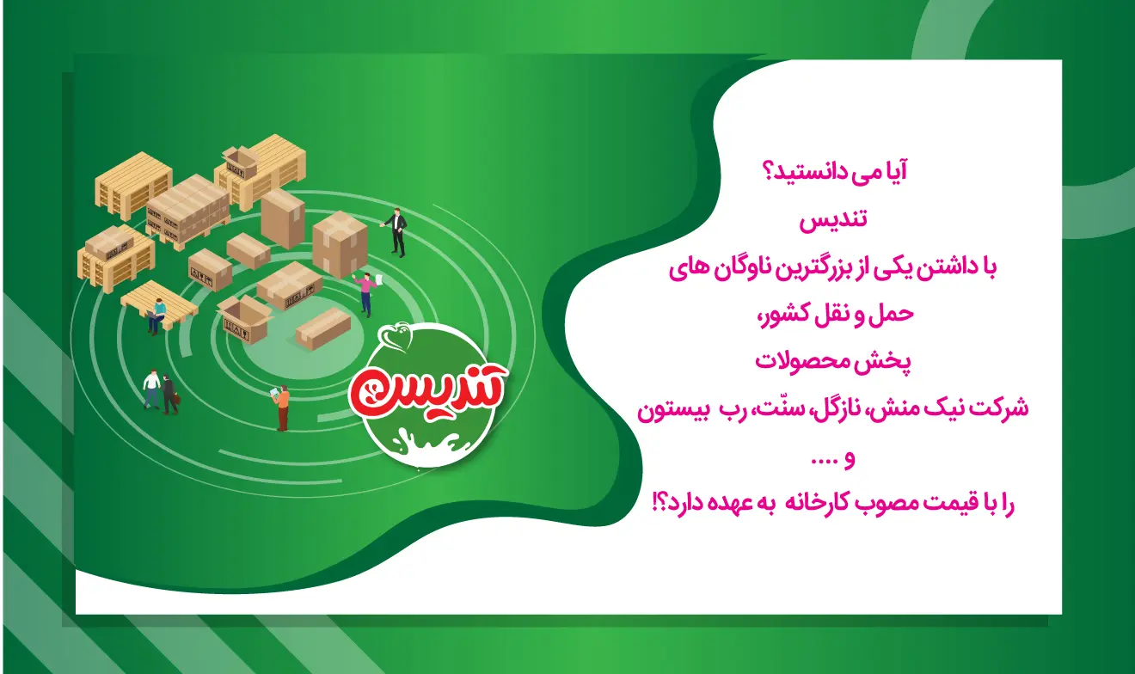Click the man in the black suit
pyautogui.click(x=396, y=232)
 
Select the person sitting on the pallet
pyautogui.click(x=157, y=316)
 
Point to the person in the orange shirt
pyautogui.click(x=282, y=407)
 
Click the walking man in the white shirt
pyautogui.click(x=151, y=389)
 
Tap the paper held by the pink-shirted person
pyautogui.click(x=378, y=280)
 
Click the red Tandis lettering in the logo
pyautogui.click(x=428, y=389)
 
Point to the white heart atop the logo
pyautogui.click(x=398, y=335)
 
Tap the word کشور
pyautogui.click(x=787, y=315)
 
